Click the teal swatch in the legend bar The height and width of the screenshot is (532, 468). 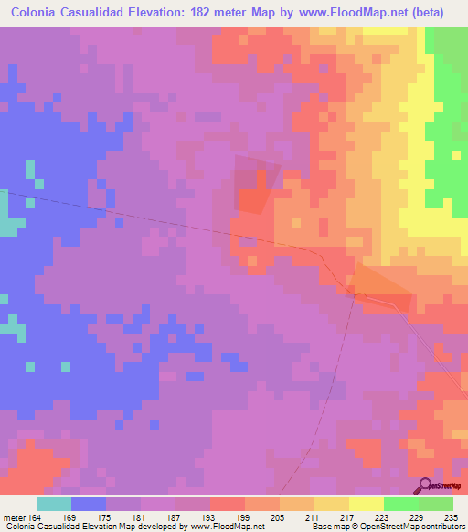pos(54,504)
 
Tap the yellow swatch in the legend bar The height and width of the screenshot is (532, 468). pos(366,504)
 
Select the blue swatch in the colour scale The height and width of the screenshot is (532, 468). pos(89,504)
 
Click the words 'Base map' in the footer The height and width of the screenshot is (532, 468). pos(327,527)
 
